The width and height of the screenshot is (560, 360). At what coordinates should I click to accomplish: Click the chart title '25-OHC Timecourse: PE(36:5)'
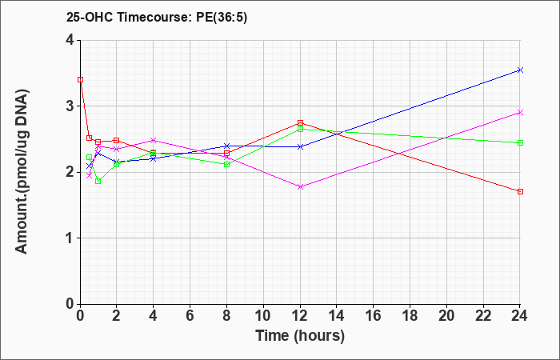point(157,17)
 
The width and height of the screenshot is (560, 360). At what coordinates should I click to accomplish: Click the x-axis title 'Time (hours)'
point(300,336)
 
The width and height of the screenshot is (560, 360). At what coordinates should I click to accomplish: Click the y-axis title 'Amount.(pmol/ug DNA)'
point(22,172)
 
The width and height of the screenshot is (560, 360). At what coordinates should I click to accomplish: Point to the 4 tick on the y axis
point(70,40)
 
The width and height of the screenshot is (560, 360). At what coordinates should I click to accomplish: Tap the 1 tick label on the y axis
point(70,238)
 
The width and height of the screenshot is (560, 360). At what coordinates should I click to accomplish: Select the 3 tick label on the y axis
point(70,106)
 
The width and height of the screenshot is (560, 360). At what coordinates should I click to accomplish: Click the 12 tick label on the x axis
point(300,316)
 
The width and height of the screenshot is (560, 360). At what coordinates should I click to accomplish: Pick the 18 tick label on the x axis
point(410,316)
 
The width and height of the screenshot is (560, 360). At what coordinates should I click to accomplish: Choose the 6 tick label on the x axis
point(190,316)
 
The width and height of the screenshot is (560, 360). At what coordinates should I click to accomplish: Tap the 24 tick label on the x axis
point(520,316)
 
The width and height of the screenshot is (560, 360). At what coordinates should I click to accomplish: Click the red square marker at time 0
point(80,80)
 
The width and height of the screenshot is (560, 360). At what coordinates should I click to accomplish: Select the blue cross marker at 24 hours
point(520,70)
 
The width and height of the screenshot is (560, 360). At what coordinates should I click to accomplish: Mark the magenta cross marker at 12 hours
point(300,186)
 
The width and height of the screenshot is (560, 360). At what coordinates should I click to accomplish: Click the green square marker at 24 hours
point(520,143)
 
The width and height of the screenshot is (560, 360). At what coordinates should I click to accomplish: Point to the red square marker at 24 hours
point(520,192)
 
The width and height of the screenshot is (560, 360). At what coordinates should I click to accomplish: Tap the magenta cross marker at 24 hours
point(520,113)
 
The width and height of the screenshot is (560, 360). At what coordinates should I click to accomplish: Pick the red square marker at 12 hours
point(300,123)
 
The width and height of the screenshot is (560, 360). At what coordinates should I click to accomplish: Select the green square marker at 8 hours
point(226,164)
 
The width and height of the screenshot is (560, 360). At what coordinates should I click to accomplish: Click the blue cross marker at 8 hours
point(226,146)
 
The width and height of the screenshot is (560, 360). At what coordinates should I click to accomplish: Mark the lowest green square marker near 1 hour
point(98,182)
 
